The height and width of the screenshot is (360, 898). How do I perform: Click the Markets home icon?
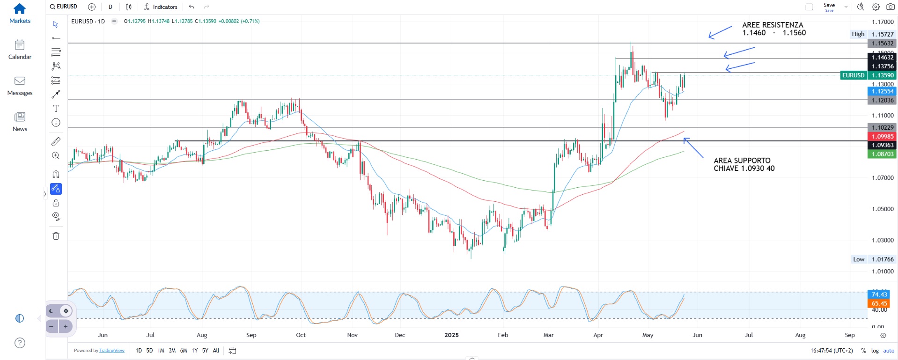pyautogui.click(x=20, y=9)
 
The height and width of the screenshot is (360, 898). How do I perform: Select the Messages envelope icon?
pyautogui.click(x=20, y=81)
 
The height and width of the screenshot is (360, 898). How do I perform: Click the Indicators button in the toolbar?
pyautogui.click(x=161, y=7)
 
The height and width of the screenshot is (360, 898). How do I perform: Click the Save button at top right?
pyautogui.click(x=829, y=6)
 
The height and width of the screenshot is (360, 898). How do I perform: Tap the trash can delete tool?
pyautogui.click(x=56, y=236)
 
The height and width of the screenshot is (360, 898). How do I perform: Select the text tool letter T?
pyautogui.click(x=56, y=109)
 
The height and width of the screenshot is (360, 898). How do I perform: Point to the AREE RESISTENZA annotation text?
pyautogui.click(x=773, y=29)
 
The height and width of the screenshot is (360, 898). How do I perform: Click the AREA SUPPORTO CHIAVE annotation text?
pyautogui.click(x=743, y=164)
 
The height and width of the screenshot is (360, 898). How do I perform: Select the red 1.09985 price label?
pyautogui.click(x=882, y=137)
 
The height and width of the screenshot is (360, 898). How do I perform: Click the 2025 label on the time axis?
pyautogui.click(x=451, y=335)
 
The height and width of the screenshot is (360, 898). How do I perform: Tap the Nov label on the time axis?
pyautogui.click(x=352, y=335)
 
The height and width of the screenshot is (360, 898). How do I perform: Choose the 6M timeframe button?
pyautogui.click(x=184, y=351)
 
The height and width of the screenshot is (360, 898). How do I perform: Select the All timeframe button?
pyautogui.click(x=216, y=351)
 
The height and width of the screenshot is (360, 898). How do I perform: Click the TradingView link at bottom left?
pyautogui.click(x=112, y=351)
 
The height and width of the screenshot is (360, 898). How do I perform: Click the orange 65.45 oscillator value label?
pyautogui.click(x=879, y=303)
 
